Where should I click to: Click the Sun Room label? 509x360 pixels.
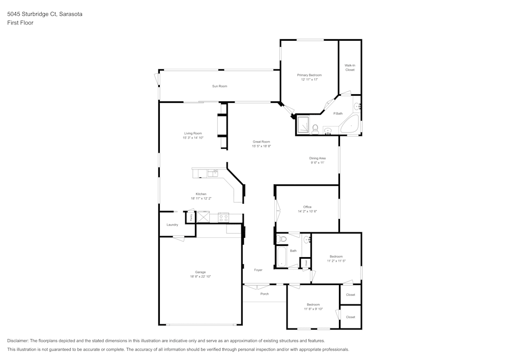pyautogui.click(x=219, y=86)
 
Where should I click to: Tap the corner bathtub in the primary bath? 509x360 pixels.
pyautogui.click(x=351, y=125)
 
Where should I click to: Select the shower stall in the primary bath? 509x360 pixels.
pyautogui.click(x=303, y=124)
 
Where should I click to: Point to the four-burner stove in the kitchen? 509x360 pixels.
pyautogui.click(x=223, y=217)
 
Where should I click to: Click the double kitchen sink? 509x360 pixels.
pyautogui.click(x=213, y=174)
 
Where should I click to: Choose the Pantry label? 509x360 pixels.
pyautogui.click(x=191, y=217)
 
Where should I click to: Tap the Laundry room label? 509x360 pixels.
pyautogui.click(x=172, y=225)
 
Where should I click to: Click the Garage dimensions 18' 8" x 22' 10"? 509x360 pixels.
pyautogui.click(x=200, y=276)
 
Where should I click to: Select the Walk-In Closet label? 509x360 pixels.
pyautogui.click(x=350, y=67)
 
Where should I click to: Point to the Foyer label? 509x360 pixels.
pyautogui.click(x=258, y=270)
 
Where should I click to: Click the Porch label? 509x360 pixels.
pyautogui.click(x=264, y=294)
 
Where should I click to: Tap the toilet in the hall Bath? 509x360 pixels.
pyautogui.click(x=282, y=238)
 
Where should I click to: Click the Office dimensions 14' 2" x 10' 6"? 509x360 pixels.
pyautogui.click(x=307, y=211)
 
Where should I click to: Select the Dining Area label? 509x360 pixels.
pyautogui.click(x=317, y=158)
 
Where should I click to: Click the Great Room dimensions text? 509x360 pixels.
pyautogui.click(x=261, y=146)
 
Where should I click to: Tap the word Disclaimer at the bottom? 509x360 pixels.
pyautogui.click(x=18, y=341)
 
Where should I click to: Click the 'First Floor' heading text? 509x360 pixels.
pyautogui.click(x=20, y=23)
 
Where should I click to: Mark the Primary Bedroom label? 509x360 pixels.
pyautogui.click(x=309, y=75)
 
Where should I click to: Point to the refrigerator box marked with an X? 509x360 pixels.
pyautogui.click(x=203, y=217)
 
